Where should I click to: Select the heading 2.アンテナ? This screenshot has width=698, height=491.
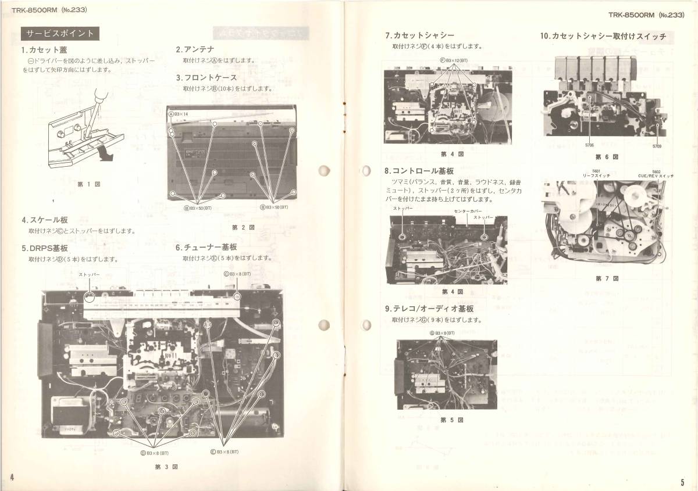[195, 50]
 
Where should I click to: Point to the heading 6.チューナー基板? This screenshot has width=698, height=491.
[206, 247]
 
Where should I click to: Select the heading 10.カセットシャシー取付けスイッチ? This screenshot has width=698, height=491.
[603, 36]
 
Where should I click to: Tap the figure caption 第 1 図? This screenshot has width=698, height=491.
[89, 184]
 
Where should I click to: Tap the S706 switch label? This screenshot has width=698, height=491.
[589, 145]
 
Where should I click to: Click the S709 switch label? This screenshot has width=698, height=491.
[657, 146]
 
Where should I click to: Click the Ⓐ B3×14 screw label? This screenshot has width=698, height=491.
[179, 114]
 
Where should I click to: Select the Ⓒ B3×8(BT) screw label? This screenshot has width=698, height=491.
[237, 274]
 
